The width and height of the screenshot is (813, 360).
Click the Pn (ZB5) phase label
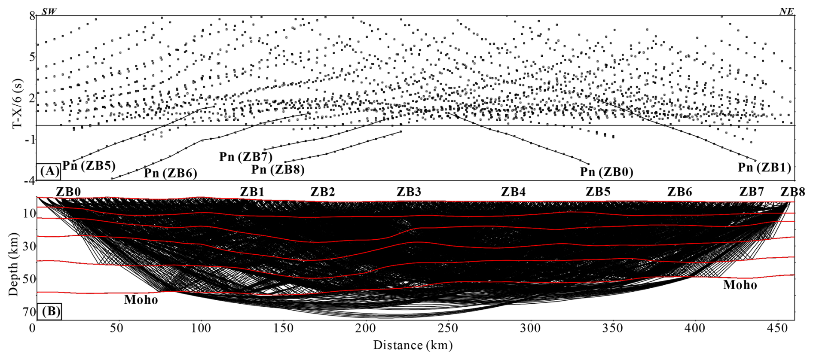(89, 166)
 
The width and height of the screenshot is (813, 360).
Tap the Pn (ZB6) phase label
(170, 173)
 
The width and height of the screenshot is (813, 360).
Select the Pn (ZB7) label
(246, 157)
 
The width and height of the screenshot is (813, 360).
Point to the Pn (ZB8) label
(278, 170)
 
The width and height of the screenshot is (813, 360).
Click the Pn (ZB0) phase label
(606, 172)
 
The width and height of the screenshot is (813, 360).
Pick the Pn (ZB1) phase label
(764, 168)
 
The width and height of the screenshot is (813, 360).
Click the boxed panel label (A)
(49, 171)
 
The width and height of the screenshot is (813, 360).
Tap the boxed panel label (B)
(50, 311)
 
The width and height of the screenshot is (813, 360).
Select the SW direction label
(49, 12)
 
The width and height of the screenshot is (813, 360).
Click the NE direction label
(786, 12)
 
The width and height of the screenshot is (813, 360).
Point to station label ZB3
(409, 192)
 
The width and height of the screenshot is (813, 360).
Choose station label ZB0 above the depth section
(68, 192)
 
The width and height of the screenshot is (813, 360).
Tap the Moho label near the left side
(141, 300)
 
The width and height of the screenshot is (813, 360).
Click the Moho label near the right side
(740, 285)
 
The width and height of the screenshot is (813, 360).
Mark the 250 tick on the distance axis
(448, 329)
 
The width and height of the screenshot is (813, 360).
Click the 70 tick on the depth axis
(29, 311)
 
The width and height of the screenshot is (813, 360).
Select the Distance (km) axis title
(413, 345)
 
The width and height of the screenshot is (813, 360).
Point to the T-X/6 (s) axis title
(17, 104)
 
